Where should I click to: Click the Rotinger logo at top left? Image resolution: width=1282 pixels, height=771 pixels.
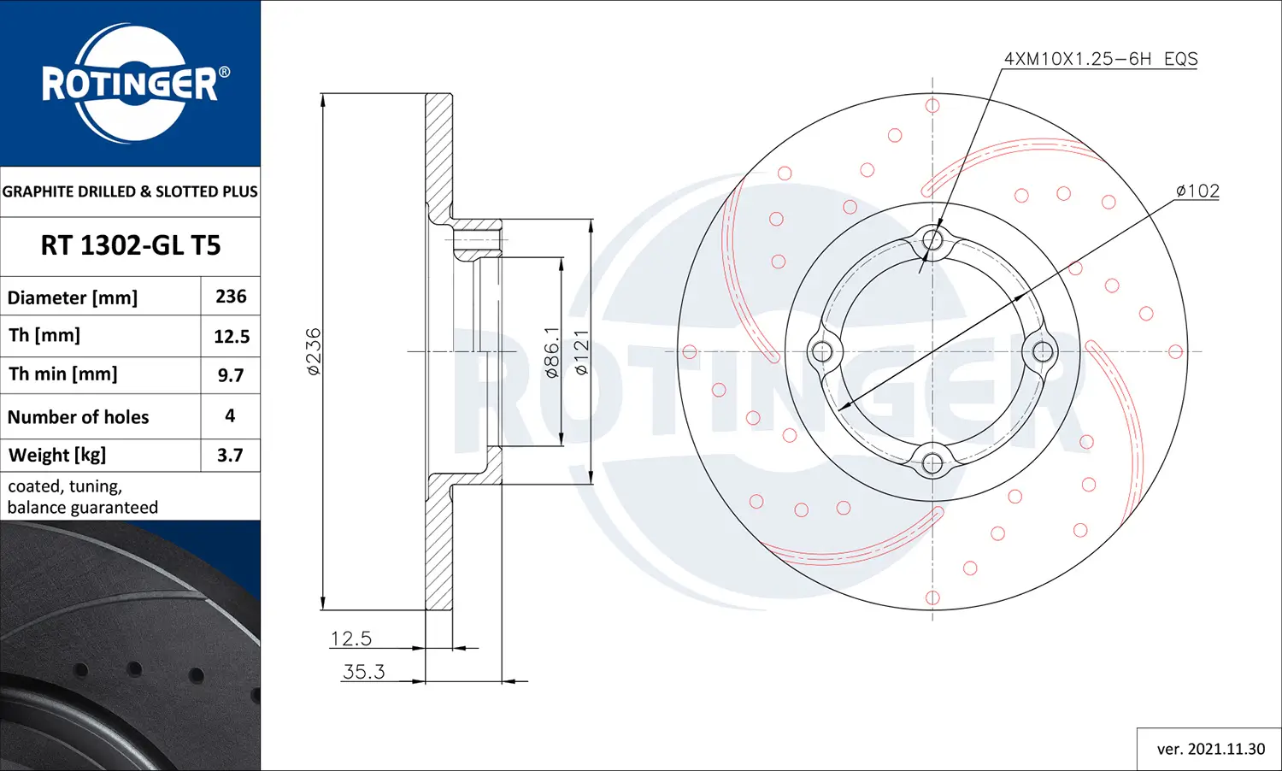[x=131, y=83]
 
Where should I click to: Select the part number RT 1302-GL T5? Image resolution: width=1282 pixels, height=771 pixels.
[x=131, y=245]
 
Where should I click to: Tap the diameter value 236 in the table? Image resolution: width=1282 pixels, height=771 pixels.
[x=231, y=297]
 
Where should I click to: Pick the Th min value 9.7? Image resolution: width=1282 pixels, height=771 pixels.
[x=231, y=375]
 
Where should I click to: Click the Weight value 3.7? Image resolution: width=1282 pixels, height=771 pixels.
[x=230, y=456]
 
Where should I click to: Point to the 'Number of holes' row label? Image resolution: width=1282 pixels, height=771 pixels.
[x=79, y=417]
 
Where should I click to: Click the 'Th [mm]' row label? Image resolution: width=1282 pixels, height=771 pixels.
[x=44, y=335]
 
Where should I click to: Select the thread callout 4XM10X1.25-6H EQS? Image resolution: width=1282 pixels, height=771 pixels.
[x=1100, y=59]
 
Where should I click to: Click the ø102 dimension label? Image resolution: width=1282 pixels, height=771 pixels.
[x=1197, y=191]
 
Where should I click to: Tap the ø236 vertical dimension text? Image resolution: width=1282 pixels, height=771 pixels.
[x=314, y=351]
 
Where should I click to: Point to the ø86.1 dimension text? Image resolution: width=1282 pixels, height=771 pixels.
[x=552, y=351]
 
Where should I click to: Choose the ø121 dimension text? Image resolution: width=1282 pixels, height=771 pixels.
[x=581, y=351]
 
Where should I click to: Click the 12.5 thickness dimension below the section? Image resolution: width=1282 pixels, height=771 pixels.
[x=351, y=639]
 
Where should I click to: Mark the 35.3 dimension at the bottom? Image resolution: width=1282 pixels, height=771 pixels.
[x=363, y=672]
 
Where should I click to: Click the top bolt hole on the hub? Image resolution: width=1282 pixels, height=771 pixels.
[x=932, y=239]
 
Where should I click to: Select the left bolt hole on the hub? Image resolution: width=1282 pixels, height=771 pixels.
[x=821, y=351]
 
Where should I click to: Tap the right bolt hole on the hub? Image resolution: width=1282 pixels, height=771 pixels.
[x=1044, y=351]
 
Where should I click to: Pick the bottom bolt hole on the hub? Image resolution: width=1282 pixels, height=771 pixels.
[x=932, y=463]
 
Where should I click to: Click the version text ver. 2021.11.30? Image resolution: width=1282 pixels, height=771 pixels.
[x=1210, y=749]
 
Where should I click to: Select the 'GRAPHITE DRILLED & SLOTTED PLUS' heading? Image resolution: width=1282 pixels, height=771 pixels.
[x=130, y=191]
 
